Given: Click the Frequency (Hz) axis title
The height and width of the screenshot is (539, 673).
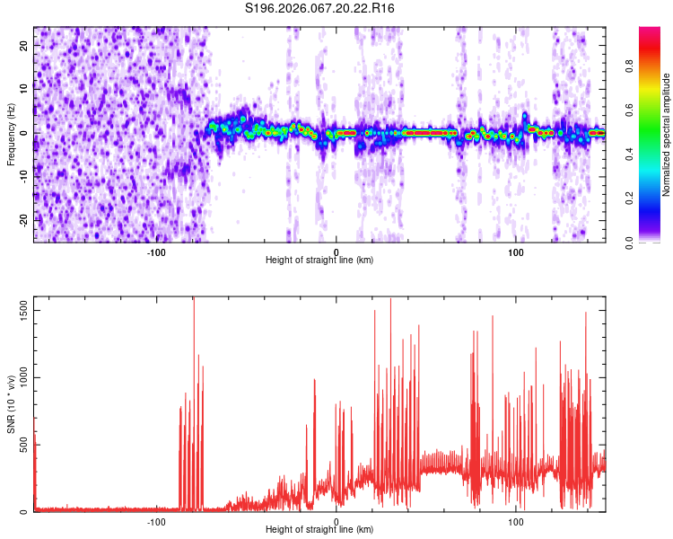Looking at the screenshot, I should (11, 134).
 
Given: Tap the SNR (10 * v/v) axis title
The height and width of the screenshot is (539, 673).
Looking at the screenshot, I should (11, 404).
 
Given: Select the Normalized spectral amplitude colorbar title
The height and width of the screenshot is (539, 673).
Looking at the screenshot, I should (667, 135).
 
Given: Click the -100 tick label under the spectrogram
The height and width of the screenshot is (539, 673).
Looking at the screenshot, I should (156, 251).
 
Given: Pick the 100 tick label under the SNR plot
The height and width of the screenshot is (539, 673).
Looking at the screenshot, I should (516, 521).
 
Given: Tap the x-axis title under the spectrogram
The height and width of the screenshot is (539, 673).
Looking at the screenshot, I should (319, 260).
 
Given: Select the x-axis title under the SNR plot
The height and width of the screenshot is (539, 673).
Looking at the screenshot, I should (319, 530).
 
